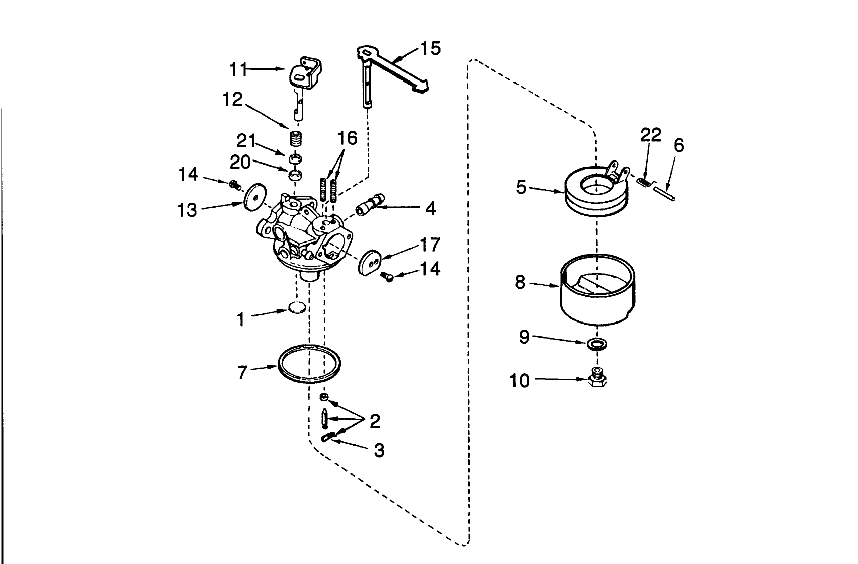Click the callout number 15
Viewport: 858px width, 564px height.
pyautogui.click(x=430, y=49)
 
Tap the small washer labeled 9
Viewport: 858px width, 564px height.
pyautogui.click(x=596, y=344)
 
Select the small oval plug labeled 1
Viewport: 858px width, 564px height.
pyautogui.click(x=297, y=307)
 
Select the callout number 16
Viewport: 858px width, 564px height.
pyautogui.click(x=347, y=138)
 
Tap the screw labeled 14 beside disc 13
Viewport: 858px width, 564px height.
pyautogui.click(x=234, y=185)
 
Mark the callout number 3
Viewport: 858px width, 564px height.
pyautogui.click(x=379, y=450)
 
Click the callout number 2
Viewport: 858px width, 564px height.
pyautogui.click(x=375, y=421)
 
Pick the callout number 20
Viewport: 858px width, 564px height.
pyautogui.click(x=240, y=162)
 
